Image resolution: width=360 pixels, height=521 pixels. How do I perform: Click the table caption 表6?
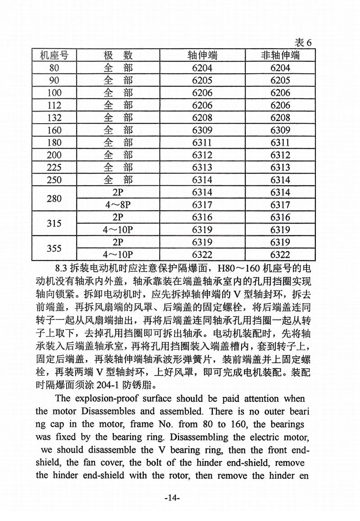pos(303,42)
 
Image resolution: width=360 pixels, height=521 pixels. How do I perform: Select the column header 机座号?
pos(54,55)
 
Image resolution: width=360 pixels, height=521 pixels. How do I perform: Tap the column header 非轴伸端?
pos(280,55)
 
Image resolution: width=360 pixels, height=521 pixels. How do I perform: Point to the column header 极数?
pos(118,55)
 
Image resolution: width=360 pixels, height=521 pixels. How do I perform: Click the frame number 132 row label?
pos(54,118)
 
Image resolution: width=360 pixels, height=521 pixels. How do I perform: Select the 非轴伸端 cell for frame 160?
pos(280,130)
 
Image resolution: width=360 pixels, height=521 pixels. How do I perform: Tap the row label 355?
pos(54,248)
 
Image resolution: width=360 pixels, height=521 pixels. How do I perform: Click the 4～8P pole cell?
pos(118,205)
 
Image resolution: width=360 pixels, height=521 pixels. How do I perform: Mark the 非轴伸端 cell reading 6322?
pos(280,255)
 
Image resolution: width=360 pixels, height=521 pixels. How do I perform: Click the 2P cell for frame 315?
pos(118,217)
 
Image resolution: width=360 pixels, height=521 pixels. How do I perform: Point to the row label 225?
pos(54,168)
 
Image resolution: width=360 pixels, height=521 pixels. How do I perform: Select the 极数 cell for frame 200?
pos(118,155)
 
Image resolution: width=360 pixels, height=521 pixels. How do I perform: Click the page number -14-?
pos(172,498)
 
